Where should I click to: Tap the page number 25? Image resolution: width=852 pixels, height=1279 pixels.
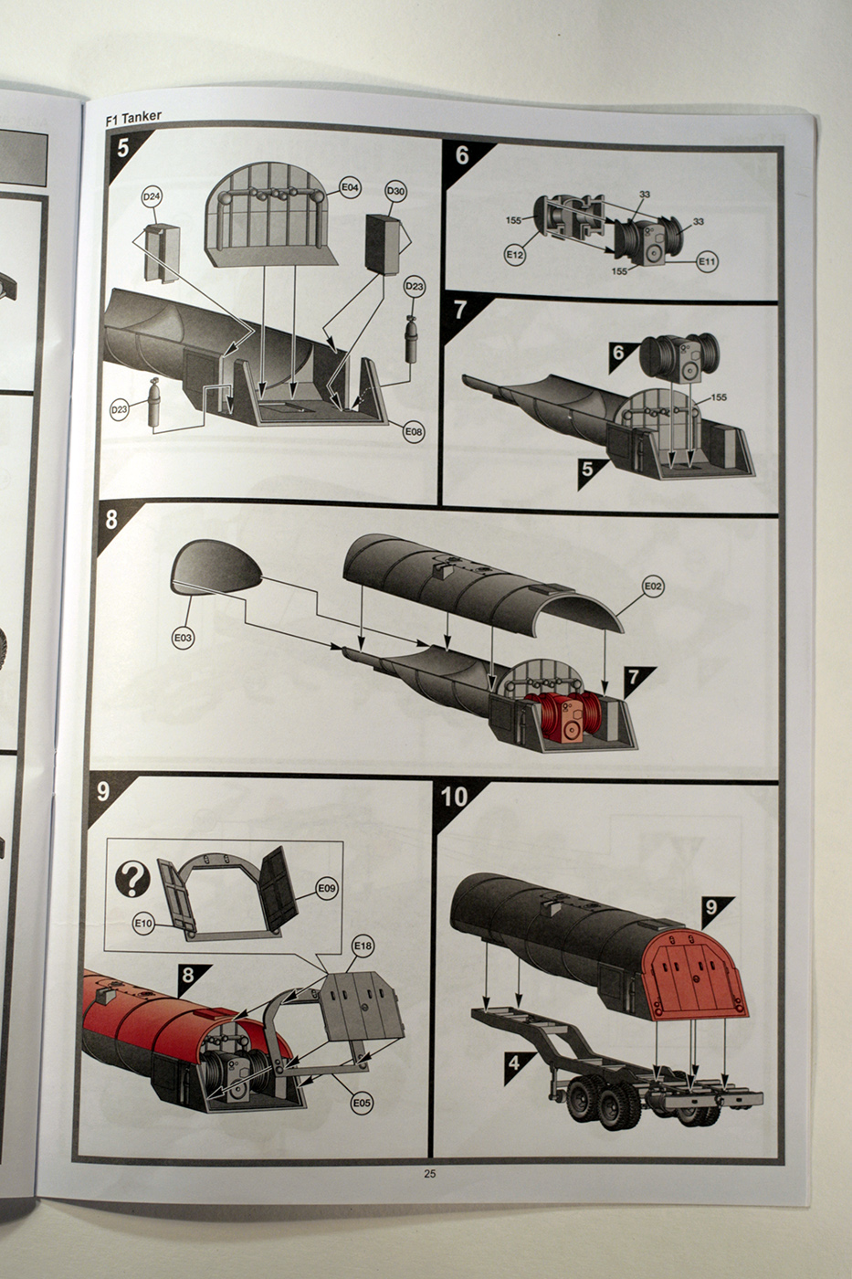tap(429, 1174)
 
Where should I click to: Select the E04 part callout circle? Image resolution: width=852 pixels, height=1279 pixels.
tap(351, 188)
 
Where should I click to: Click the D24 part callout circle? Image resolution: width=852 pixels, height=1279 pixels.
tap(152, 196)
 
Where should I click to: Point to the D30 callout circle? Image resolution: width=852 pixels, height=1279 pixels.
tap(395, 191)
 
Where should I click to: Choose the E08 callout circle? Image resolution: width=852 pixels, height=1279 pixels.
tap(414, 430)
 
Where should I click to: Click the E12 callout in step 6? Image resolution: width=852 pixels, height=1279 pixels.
tap(515, 255)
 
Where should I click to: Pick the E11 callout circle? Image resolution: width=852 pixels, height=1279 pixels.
tap(707, 261)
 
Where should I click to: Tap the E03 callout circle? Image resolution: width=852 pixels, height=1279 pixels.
tap(184, 638)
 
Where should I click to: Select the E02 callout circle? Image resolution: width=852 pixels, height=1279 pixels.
tap(652, 586)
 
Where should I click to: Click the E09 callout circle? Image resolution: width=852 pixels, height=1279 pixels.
tap(327, 887)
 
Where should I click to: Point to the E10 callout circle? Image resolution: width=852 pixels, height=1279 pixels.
tap(143, 924)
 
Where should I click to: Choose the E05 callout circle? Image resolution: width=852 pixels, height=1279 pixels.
tap(362, 1103)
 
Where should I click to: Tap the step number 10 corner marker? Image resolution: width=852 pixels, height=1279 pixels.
tap(454, 797)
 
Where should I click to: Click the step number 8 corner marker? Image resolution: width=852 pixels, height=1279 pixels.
tap(111, 521)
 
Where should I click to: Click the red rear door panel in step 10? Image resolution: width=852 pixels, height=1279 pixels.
tap(699, 974)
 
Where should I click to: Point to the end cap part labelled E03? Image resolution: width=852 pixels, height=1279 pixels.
tap(216, 567)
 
